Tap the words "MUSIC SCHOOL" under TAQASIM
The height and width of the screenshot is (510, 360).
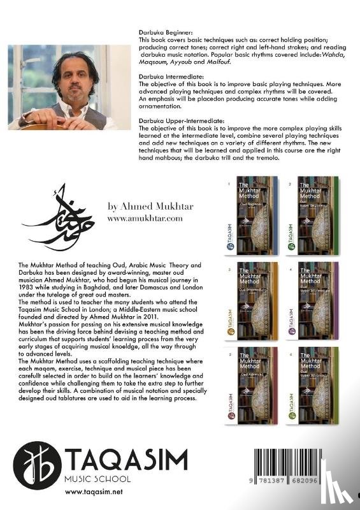click(96, 478)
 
